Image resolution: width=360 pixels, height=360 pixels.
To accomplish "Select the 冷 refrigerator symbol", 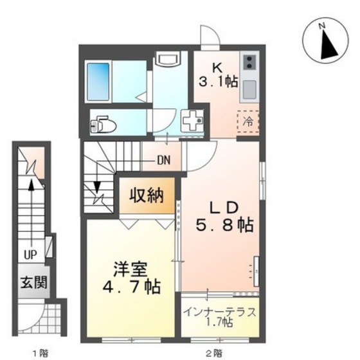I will (x=247, y=119).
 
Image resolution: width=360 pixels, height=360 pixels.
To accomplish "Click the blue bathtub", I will (x=99, y=81).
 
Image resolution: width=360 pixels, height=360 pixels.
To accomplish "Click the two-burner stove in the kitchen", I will (x=248, y=62).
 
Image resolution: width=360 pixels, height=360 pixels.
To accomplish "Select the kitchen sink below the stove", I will (x=248, y=89).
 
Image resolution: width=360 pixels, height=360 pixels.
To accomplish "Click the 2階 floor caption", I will (x=213, y=352).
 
